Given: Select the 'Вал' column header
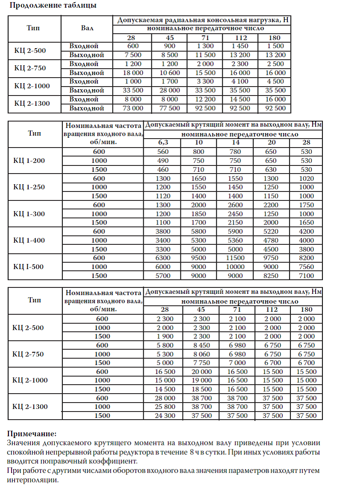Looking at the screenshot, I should pyautogui.click(x=87, y=29).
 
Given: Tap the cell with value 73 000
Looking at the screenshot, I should pyautogui.click(x=133, y=108).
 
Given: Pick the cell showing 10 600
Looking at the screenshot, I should pyautogui.click(x=169, y=73).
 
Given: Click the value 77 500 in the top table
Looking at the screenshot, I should pyautogui.click(x=169, y=108).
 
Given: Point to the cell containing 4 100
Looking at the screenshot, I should pyautogui.click(x=240, y=81).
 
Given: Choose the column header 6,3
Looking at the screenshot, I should pyautogui.click(x=163, y=142).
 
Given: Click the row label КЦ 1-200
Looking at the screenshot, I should pyautogui.click(x=29, y=161).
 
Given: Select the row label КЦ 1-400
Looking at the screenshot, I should pyautogui.click(x=29, y=240).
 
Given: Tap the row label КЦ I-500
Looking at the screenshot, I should pyautogui.click(x=29, y=267).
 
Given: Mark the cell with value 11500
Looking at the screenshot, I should pyautogui.click(x=235, y=258).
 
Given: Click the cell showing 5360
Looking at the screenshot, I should pyautogui.click(x=235, y=241).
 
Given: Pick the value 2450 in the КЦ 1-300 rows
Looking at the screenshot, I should pyautogui.click(x=235, y=214).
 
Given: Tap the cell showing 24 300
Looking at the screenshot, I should pyautogui.click(x=163, y=416).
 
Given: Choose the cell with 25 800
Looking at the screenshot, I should pyautogui.click(x=163, y=407).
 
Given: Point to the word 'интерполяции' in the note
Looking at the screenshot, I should pyautogui.click(x=32, y=479).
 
